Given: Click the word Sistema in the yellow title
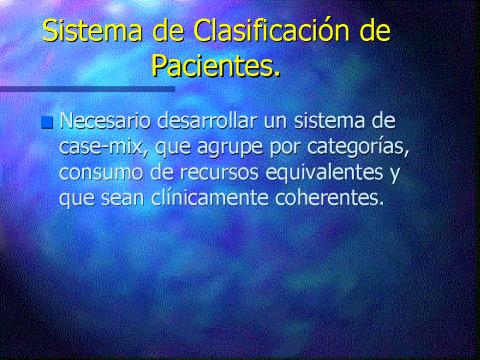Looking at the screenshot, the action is [92, 31].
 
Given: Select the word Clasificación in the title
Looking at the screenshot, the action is [271, 30].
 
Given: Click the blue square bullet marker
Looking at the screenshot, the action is [47, 122].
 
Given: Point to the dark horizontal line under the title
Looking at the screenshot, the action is [87, 89].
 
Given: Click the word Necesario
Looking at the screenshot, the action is [105, 120].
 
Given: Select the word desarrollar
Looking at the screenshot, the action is [207, 120].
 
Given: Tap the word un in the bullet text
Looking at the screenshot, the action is [275, 122].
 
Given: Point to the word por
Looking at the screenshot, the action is [284, 149].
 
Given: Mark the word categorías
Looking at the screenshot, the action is [356, 147].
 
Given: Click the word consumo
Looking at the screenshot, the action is [101, 173].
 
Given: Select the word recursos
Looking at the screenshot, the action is [219, 173].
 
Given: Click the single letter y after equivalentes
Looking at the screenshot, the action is [395, 175].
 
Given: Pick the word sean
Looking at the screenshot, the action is [121, 199].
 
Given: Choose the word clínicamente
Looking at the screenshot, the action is [210, 198].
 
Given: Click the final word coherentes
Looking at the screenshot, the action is [329, 198].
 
